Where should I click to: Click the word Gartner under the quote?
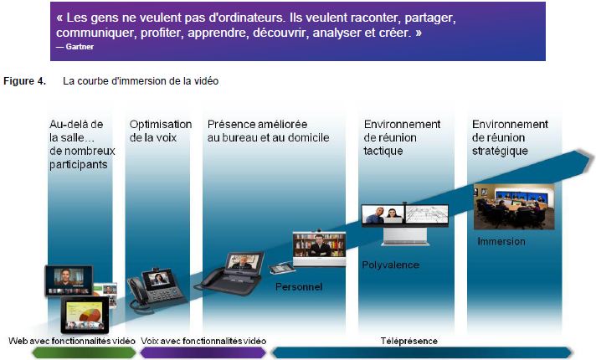[80, 47]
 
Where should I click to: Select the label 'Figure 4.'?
[25, 81]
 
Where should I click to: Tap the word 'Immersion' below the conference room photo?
[501, 241]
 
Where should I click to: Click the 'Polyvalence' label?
[390, 265]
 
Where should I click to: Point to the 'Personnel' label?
[299, 286]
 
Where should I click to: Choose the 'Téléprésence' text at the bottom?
[409, 341]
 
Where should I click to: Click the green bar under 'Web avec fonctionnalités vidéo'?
[84, 352]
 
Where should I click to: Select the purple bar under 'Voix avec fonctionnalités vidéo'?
[203, 352]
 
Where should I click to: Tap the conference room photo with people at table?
[514, 207]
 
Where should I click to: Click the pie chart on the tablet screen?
[91, 314]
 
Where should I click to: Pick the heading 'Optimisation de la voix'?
[161, 131]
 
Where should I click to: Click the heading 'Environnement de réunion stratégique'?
[510, 137]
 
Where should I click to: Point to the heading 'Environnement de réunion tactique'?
[402, 137]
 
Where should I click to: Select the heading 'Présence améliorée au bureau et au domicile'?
[268, 131]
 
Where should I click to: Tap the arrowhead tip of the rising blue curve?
[593, 157]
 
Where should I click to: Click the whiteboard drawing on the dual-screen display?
[427, 214]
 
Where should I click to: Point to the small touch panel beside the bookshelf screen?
[281, 268]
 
